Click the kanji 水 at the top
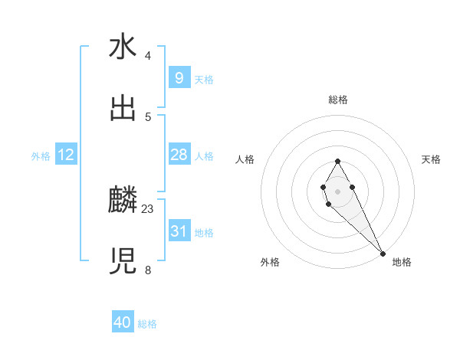[x=123, y=47]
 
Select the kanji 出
[x=123, y=109]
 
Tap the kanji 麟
[x=123, y=201]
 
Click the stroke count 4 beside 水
[x=147, y=56]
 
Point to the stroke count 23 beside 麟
[x=148, y=208]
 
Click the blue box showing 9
[x=179, y=78]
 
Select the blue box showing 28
[x=179, y=155]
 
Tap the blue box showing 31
[x=179, y=231]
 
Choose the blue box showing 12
[x=66, y=155]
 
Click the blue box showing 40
[x=123, y=322]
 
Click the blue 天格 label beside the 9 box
[x=204, y=80]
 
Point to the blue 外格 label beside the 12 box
[x=41, y=156]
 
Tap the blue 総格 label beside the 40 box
[x=147, y=324]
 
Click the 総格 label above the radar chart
[x=337, y=100]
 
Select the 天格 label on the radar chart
[x=431, y=159]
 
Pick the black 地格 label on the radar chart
[x=402, y=262]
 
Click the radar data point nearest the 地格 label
[x=383, y=254]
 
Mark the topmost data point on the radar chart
[x=337, y=161]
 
